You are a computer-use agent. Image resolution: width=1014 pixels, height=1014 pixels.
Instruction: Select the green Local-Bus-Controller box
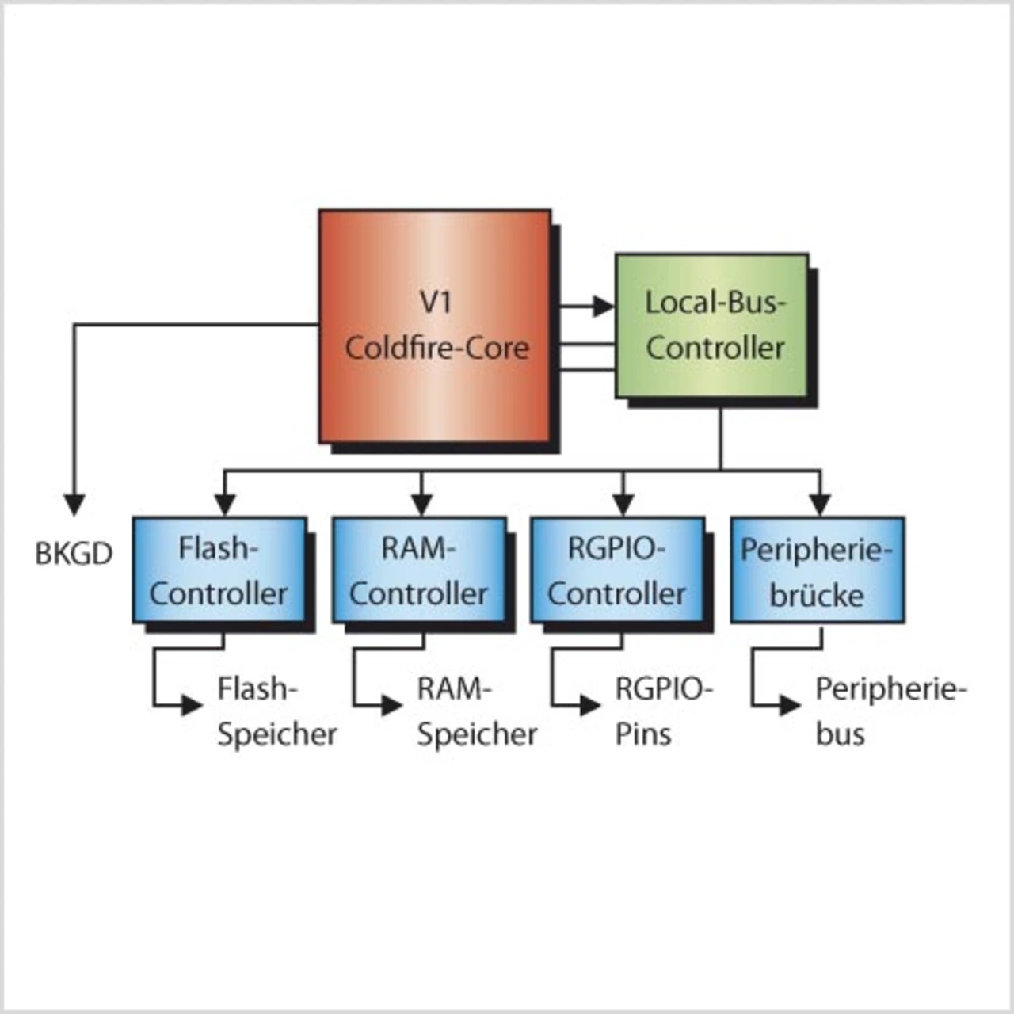(712, 326)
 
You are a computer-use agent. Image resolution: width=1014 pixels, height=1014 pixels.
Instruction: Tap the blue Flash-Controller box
(219, 570)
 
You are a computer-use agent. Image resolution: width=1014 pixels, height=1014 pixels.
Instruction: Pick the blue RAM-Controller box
(419, 570)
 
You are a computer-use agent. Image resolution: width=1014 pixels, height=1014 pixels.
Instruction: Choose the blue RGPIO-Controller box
(617, 570)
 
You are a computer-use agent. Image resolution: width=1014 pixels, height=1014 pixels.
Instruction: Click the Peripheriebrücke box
(817, 570)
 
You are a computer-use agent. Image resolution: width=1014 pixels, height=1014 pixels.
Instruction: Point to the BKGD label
(74, 554)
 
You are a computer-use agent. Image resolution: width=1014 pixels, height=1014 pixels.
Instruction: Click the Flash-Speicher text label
(276, 711)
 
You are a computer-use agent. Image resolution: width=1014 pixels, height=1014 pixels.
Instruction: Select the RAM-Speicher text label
(476, 711)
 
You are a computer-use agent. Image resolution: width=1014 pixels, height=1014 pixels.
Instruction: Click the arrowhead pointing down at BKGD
(74, 505)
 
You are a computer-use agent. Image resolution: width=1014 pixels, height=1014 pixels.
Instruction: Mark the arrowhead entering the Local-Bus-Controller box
(604, 305)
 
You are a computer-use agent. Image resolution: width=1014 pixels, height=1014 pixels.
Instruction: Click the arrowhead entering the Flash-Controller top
(225, 505)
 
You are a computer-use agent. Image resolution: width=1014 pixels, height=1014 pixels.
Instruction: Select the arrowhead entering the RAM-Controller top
(421, 505)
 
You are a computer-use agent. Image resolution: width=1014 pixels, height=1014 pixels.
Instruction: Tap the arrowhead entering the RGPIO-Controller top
(623, 505)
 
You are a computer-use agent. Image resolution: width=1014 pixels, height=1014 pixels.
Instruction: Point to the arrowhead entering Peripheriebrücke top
(820, 505)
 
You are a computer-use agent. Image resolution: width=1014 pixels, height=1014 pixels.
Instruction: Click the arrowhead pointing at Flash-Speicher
(193, 704)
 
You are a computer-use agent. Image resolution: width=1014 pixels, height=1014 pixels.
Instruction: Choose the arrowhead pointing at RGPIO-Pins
(590, 704)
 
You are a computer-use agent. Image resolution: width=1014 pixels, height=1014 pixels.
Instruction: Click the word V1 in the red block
(435, 302)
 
